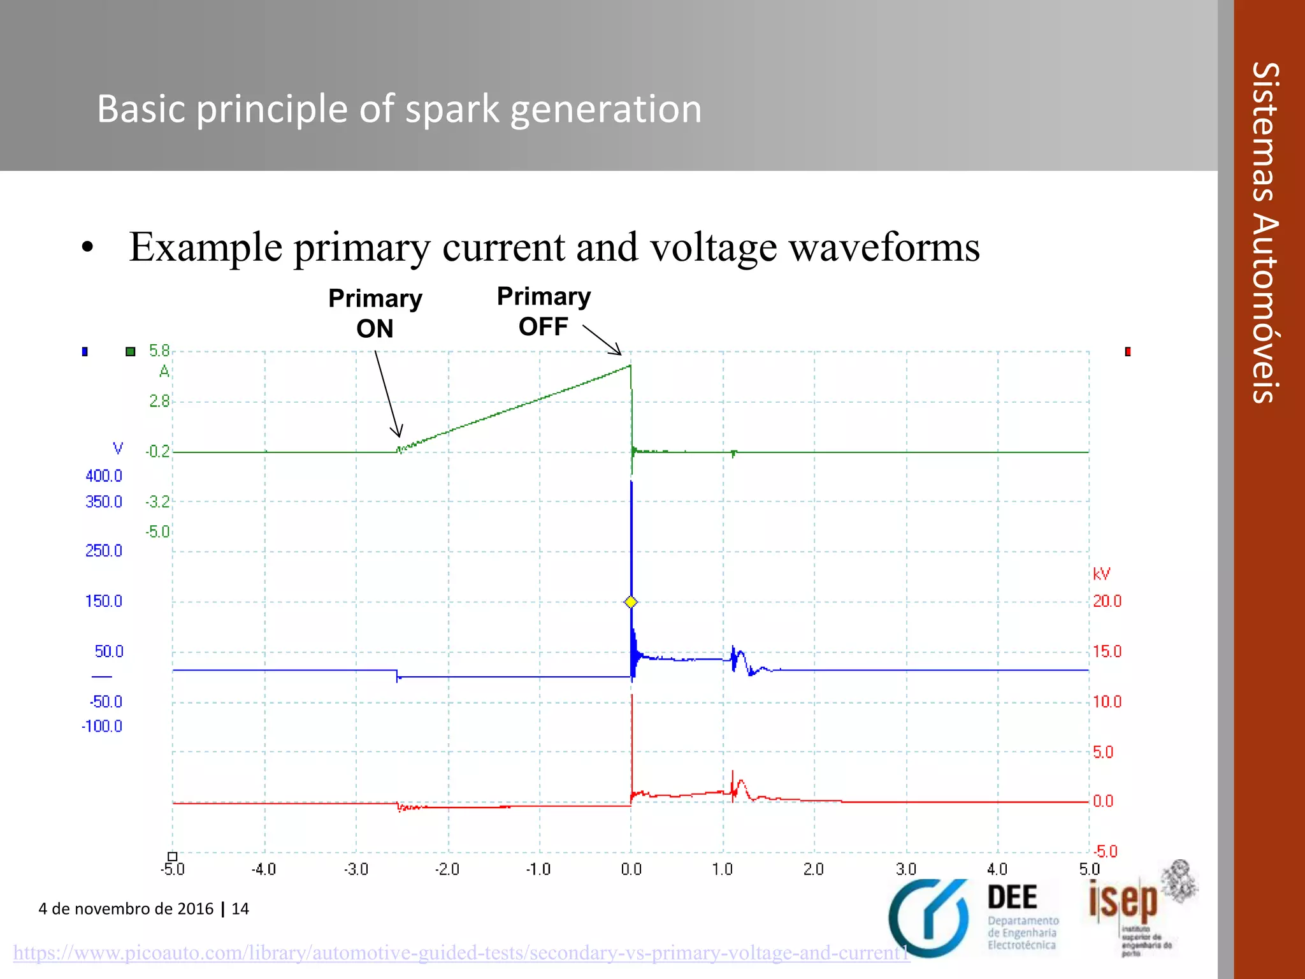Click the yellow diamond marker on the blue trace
pyautogui.click(x=631, y=602)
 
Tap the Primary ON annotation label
pyautogui.click(x=375, y=313)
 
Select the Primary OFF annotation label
pyautogui.click(x=544, y=311)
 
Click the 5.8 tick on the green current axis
pyautogui.click(x=159, y=351)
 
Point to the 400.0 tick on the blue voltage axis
pyautogui.click(x=104, y=475)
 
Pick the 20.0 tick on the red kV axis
pyautogui.click(x=1107, y=601)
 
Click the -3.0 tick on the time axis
pyautogui.click(x=356, y=869)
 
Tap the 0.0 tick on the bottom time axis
pyautogui.click(x=631, y=869)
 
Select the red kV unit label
pyautogui.click(x=1101, y=574)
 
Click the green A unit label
pyautogui.click(x=164, y=371)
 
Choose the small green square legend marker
pyautogui.click(x=131, y=351)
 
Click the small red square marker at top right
pyautogui.click(x=1128, y=351)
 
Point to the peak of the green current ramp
pyautogui.click(x=630, y=365)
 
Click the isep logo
pyautogui.click(x=1123, y=902)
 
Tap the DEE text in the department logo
pyautogui.click(x=1012, y=897)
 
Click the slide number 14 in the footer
pyautogui.click(x=240, y=909)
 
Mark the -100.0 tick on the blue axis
pyautogui.click(x=102, y=726)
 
